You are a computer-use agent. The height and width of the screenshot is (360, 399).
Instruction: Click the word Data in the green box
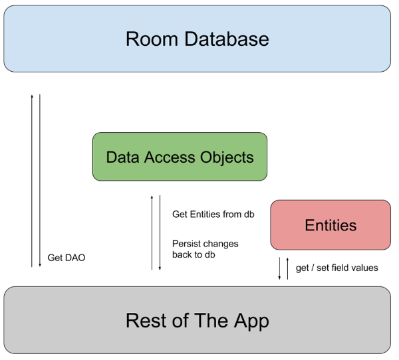120,157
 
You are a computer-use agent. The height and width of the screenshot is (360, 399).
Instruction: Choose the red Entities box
331,225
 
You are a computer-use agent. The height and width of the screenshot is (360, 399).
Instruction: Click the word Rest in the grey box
148,321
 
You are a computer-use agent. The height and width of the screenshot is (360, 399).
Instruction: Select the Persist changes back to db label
205,249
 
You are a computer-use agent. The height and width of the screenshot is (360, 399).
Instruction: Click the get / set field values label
336,268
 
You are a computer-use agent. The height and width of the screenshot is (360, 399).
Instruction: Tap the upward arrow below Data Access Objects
152,232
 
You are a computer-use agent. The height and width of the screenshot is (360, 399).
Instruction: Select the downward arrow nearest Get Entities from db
160,232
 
